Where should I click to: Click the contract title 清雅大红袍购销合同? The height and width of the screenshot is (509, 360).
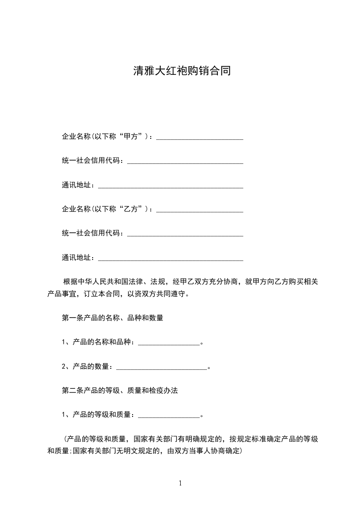coord(182,71)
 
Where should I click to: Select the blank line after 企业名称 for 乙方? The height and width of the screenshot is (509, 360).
coord(200,210)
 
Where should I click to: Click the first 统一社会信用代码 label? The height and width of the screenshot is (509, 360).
coord(92,161)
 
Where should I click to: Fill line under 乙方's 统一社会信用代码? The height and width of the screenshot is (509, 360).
coord(185,235)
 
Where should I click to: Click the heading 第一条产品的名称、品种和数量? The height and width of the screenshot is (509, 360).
coord(113,318)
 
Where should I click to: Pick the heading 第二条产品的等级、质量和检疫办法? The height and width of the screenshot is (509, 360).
coord(119,390)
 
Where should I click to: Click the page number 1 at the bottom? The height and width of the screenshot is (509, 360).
coord(181,483)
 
